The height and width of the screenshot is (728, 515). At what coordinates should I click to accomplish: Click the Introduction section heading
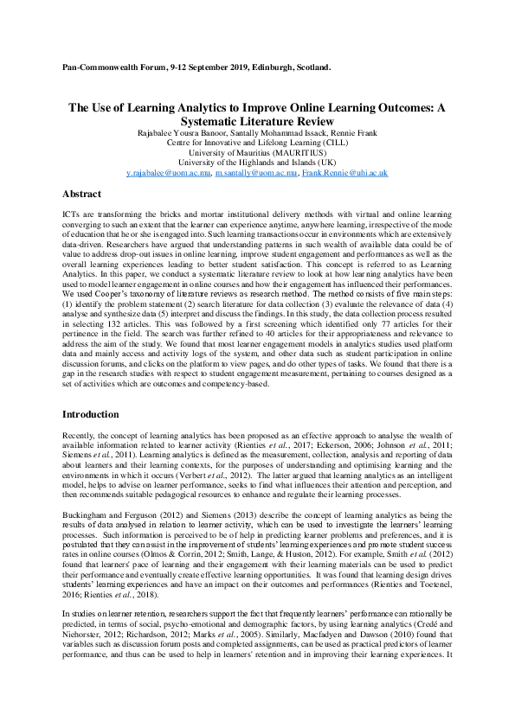pos(93,414)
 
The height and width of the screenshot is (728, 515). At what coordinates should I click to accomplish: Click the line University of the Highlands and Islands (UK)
pos(257,162)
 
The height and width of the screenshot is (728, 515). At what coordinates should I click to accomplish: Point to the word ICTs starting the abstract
pos(73,212)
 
